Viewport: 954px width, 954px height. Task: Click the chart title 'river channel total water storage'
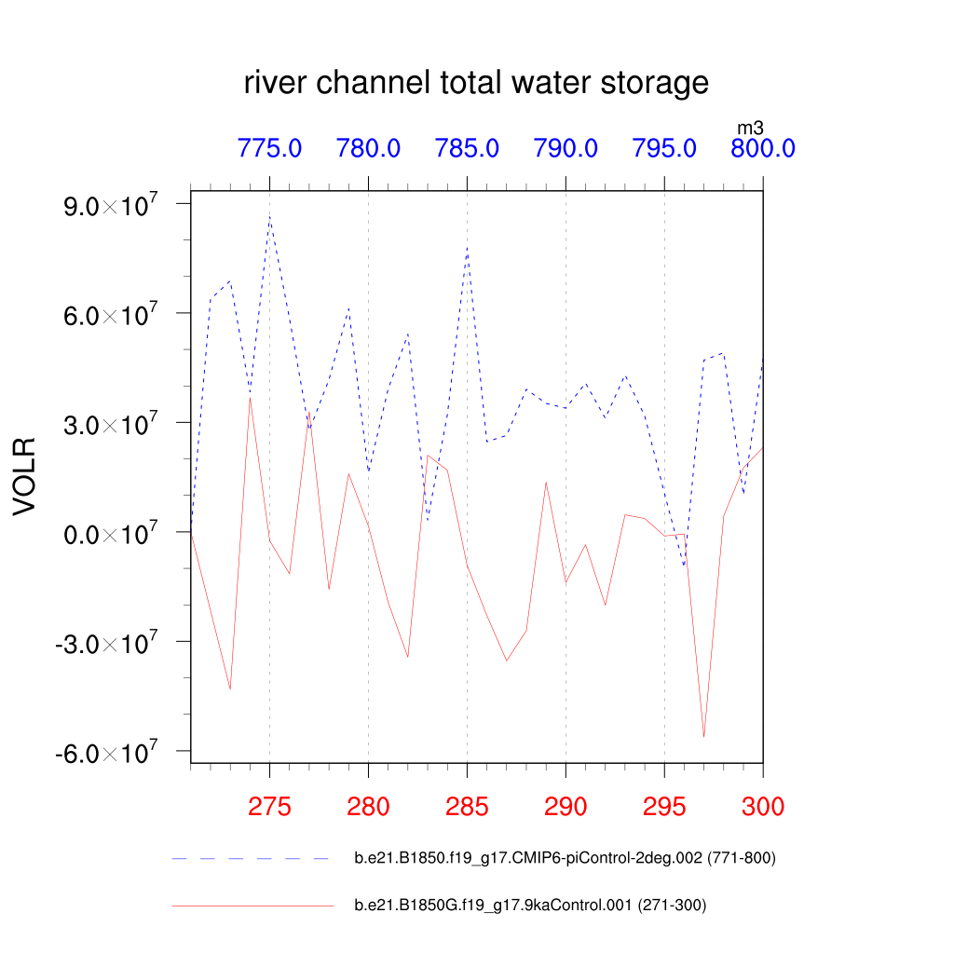click(476, 83)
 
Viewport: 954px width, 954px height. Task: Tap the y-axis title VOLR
click(24, 476)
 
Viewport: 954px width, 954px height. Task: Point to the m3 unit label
click(750, 128)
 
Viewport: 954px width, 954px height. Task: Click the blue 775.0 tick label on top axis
click(269, 148)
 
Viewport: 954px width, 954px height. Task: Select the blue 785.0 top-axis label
click(467, 148)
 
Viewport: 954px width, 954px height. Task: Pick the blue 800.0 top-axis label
click(762, 148)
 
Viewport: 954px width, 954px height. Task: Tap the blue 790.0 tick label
click(566, 148)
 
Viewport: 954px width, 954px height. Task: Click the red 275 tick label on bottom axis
click(269, 807)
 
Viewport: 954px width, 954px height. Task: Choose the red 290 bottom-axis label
click(566, 807)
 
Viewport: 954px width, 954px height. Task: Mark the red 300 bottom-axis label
click(762, 807)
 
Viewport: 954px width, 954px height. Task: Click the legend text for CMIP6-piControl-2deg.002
click(565, 858)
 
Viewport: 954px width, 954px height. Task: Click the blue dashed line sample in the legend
click(252, 858)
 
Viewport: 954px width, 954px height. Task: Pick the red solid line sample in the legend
click(252, 905)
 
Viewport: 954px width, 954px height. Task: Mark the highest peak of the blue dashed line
click(269, 216)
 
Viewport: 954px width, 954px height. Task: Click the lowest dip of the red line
click(703, 737)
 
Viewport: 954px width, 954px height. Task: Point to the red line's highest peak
click(250, 398)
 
